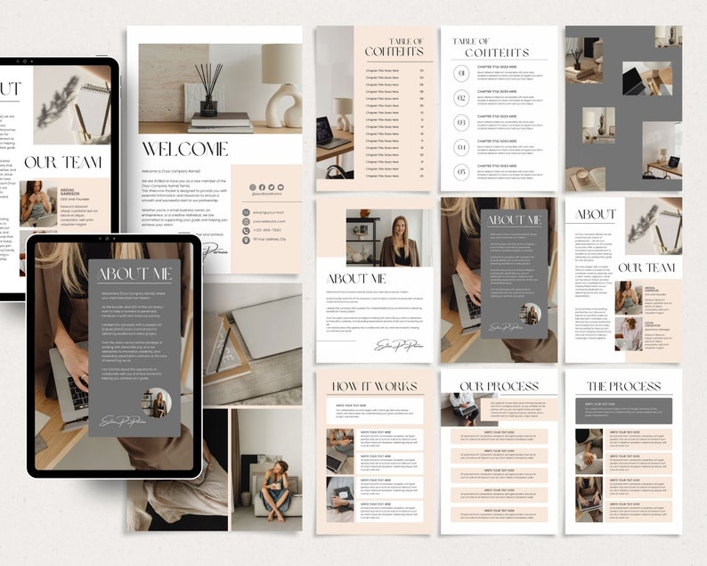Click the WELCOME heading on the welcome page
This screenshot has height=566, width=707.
click(x=185, y=149)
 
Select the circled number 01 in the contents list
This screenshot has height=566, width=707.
click(x=461, y=98)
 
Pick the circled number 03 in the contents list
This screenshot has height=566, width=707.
click(x=461, y=122)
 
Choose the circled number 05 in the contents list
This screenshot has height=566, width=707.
click(x=461, y=172)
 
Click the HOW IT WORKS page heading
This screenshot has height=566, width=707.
click(x=375, y=387)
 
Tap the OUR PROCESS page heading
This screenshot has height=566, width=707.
click(x=499, y=387)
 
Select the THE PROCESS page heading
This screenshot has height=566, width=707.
click(x=622, y=387)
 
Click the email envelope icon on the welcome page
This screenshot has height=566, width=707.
click(x=246, y=212)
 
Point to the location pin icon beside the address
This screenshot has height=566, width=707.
click(x=246, y=240)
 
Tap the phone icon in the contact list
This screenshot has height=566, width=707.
click(x=246, y=230)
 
